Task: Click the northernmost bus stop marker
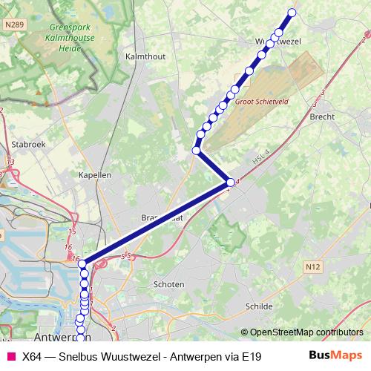[x=292, y=12]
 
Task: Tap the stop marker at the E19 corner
[x=230, y=183]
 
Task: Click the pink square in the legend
[x=10, y=356]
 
